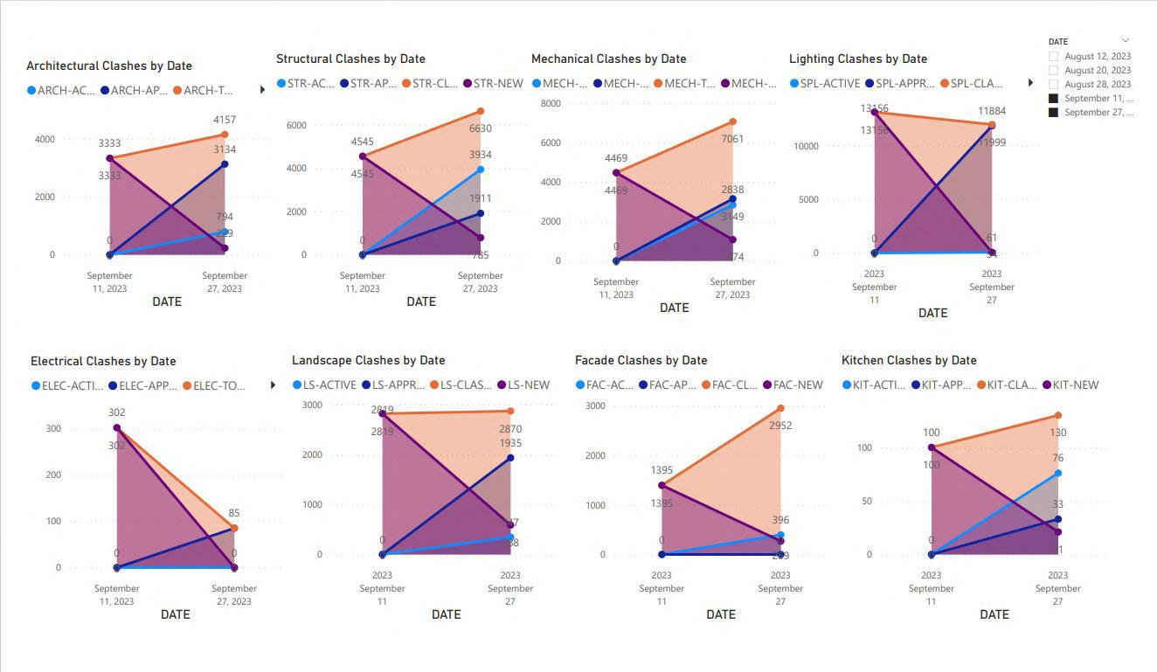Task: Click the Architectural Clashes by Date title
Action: click(x=109, y=66)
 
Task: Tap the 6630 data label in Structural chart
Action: click(x=481, y=128)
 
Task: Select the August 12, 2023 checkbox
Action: click(x=1054, y=57)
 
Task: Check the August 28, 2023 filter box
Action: click(x=1054, y=85)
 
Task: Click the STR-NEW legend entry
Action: click(x=492, y=84)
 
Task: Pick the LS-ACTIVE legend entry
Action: click(x=324, y=384)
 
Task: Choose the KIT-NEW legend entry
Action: click(x=1070, y=384)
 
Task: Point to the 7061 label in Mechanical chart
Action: click(x=732, y=139)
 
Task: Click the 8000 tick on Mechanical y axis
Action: click(x=551, y=103)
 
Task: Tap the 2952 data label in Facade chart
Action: click(x=780, y=426)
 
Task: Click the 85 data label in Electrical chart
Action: click(x=234, y=513)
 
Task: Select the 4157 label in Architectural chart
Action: click(x=225, y=120)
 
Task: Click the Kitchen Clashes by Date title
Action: click(x=909, y=360)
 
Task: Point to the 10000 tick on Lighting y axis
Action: click(x=806, y=146)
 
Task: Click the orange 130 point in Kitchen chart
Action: click(x=1057, y=416)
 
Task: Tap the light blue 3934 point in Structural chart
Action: click(x=481, y=170)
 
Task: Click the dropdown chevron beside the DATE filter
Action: click(x=1126, y=40)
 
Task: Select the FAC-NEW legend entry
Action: click(x=793, y=384)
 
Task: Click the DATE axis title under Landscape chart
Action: click(x=446, y=614)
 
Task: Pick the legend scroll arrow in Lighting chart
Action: click(x=1031, y=83)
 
